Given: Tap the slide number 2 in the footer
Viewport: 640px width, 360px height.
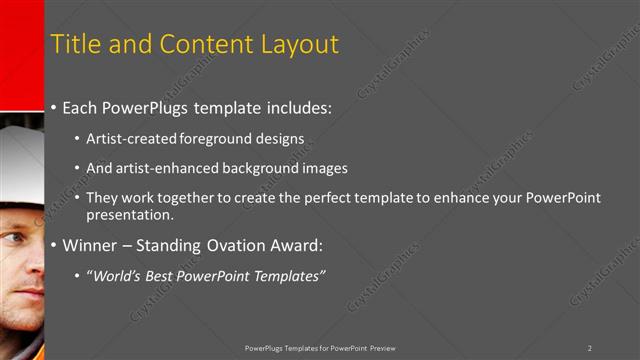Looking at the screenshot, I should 590,347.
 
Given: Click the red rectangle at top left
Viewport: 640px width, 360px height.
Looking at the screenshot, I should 21,55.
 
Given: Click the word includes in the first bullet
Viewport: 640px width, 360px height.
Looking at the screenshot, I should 296,107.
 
